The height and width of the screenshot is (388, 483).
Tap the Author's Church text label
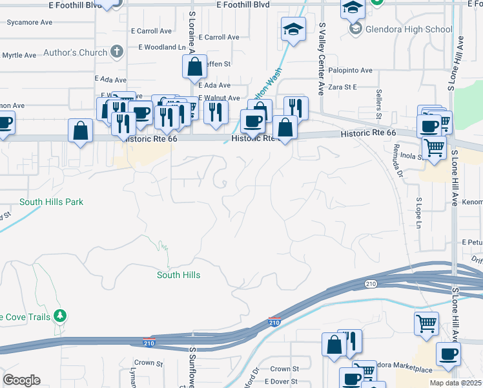[x=75, y=52]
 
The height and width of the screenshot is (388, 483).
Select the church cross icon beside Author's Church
[x=117, y=52]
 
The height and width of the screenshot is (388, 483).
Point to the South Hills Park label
[x=52, y=202]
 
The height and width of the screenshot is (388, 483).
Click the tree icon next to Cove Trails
[x=61, y=316]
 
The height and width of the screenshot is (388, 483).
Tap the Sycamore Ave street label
[x=29, y=22]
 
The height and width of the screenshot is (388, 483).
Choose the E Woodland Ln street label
[x=161, y=47]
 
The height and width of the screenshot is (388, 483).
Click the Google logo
[x=21, y=380]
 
